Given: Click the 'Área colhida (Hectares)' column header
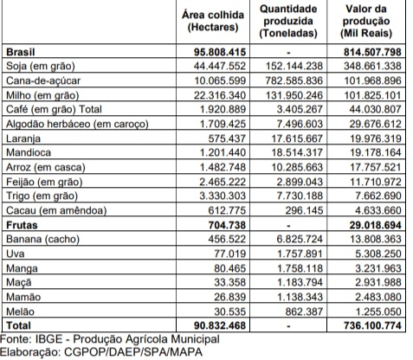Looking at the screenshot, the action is pyautogui.click(x=213, y=21).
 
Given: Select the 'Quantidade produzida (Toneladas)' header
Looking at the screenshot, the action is pyautogui.click(x=288, y=21).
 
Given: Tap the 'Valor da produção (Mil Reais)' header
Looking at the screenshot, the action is pyautogui.click(x=366, y=21).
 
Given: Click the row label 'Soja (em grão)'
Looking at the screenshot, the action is pyautogui.click(x=41, y=66).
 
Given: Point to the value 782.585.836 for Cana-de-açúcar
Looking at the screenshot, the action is pyautogui.click(x=294, y=80).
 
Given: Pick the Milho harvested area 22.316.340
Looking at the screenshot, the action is pyautogui.click(x=220, y=95).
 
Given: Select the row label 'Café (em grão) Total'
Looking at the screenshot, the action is pyautogui.click(x=54, y=109).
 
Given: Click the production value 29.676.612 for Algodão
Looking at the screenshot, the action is pyautogui.click(x=376, y=124).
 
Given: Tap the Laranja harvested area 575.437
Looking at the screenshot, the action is pyautogui.click(x=227, y=138).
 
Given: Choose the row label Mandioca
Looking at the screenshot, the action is pyautogui.click(x=29, y=152).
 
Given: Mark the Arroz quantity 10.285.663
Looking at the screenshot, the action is pyautogui.click(x=297, y=167).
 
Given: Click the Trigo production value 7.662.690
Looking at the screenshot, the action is pyautogui.click(x=378, y=196).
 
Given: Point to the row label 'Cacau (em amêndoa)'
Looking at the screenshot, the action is pyautogui.click(x=56, y=210).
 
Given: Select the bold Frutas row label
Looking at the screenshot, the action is pyautogui.click(x=22, y=225).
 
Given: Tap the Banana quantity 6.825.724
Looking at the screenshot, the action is pyautogui.click(x=300, y=239).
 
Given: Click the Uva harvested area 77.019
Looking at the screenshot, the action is pyautogui.click(x=230, y=254).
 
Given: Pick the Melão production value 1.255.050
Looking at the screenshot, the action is pyautogui.click(x=378, y=312).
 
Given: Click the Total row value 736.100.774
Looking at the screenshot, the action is pyautogui.click(x=372, y=325).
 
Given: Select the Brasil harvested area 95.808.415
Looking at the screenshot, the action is pyautogui.click(x=220, y=52).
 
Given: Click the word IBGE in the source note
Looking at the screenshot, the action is pyautogui.click(x=48, y=339).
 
